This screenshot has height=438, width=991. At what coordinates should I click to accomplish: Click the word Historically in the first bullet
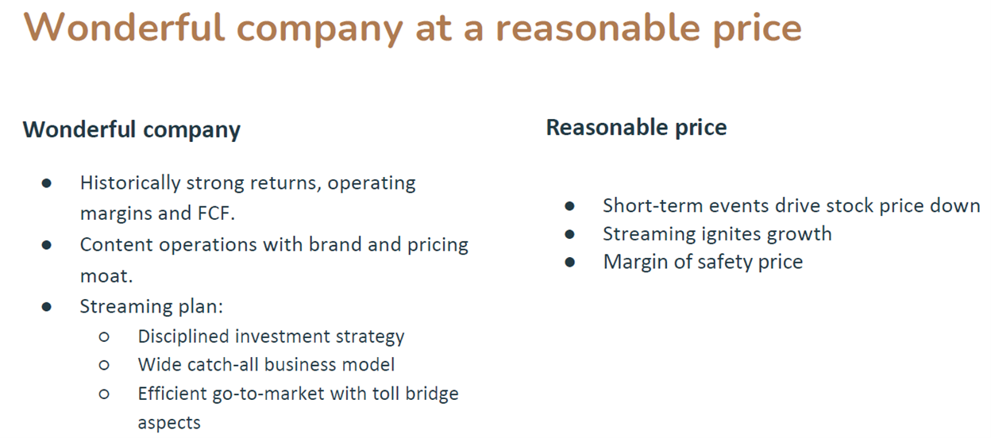coord(130,183)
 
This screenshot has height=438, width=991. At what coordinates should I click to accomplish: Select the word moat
coord(106,276)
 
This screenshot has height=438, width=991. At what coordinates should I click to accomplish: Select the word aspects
coord(169,423)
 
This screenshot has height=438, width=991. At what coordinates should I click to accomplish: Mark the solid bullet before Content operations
coord(46,245)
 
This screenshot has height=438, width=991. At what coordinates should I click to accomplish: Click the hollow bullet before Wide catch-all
coord(104,365)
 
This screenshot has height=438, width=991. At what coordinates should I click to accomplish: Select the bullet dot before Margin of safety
coord(570,262)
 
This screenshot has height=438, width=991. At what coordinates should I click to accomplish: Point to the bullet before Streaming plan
coord(46,307)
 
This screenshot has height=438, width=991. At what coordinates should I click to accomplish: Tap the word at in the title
coord(434,29)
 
